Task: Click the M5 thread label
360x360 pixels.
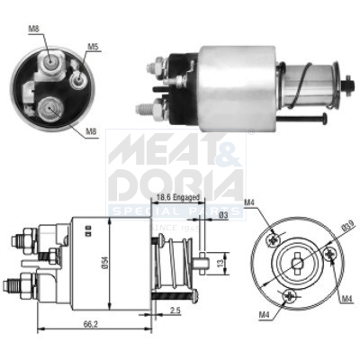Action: click(x=93, y=46)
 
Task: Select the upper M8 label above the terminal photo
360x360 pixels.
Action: click(x=33, y=29)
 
